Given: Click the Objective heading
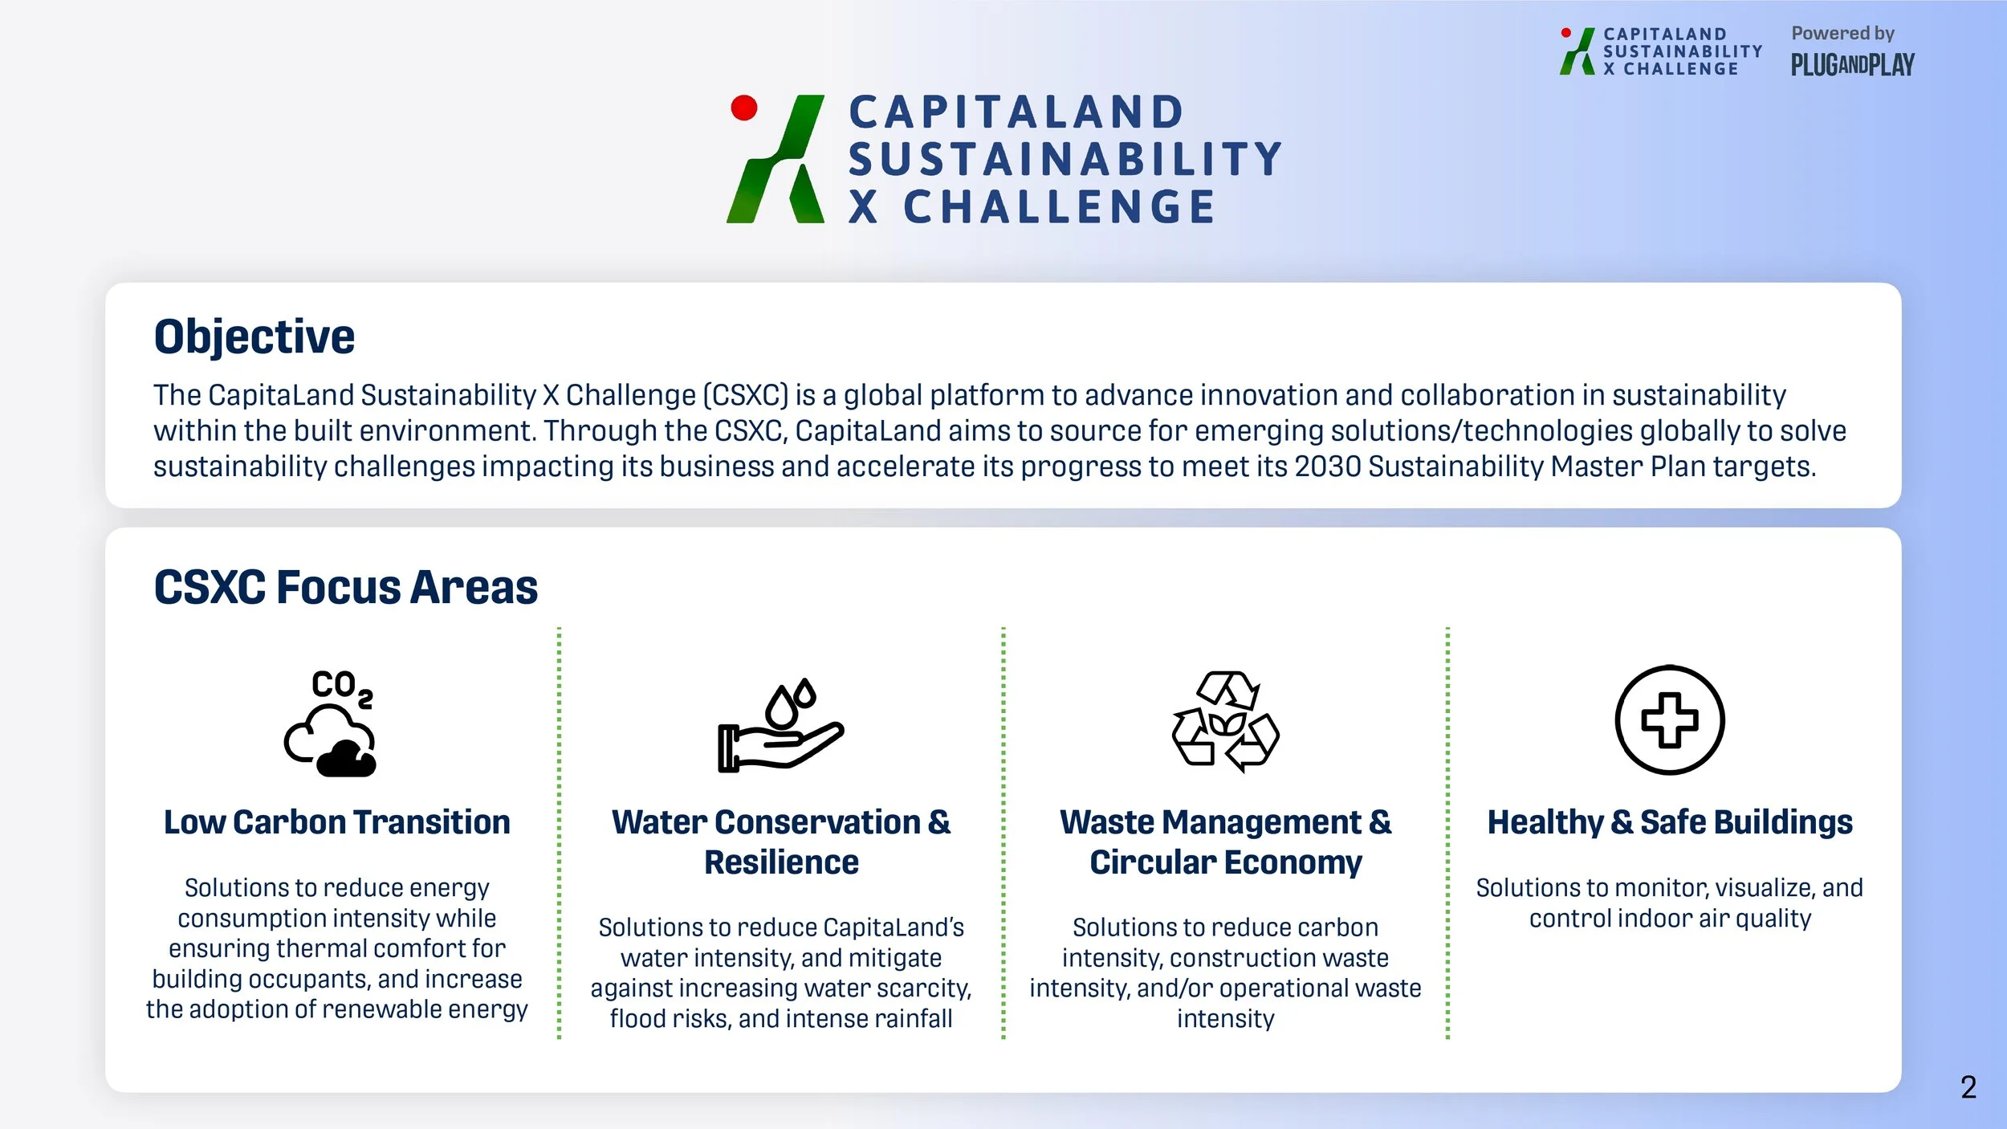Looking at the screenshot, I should pyautogui.click(x=254, y=336).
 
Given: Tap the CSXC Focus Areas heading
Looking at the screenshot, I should pyautogui.click(x=345, y=587).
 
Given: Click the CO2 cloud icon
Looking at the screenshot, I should pyautogui.click(x=330, y=723).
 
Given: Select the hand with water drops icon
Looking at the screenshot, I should pyautogui.click(x=780, y=727).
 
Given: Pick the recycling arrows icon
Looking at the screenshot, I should pyautogui.click(x=1225, y=721).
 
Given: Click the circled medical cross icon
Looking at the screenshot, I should pyautogui.click(x=1669, y=720).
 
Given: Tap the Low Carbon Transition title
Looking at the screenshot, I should pyautogui.click(x=336, y=822).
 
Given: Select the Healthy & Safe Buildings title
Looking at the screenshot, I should pyautogui.click(x=1670, y=822).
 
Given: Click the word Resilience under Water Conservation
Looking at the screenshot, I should pyautogui.click(x=781, y=862).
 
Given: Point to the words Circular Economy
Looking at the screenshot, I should pyautogui.click(x=1225, y=862).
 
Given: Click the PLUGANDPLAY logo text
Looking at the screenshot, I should pyautogui.click(x=1852, y=65).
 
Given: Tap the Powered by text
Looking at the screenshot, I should pyautogui.click(x=1842, y=34).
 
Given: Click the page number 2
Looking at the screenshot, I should pyautogui.click(x=1968, y=1087).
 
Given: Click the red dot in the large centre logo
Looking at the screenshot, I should pyautogui.click(x=744, y=108).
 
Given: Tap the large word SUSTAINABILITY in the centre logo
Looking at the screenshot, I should pyautogui.click(x=1065, y=159).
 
